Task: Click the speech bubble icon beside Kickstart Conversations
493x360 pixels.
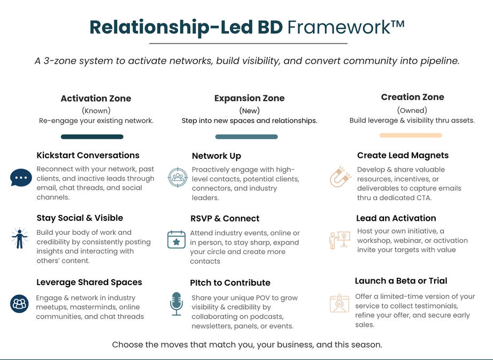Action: point(21,177)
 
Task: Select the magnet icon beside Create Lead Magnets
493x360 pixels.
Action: point(340,177)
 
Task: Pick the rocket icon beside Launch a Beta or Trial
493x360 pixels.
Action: point(340,303)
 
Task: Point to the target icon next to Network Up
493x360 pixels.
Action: point(178,177)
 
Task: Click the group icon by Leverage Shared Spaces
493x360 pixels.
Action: point(19,303)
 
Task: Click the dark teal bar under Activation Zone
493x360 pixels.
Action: point(92,137)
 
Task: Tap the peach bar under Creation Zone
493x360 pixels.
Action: point(411,136)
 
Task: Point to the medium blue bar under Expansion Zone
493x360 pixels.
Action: point(247,137)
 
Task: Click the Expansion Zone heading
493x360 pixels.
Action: point(249,98)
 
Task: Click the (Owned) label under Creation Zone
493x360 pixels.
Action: point(412,110)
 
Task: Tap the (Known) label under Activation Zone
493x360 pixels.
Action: point(96,111)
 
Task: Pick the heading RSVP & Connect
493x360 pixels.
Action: point(225,218)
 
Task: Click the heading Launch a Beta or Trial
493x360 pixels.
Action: point(400,281)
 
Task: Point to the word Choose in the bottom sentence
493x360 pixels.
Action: point(127,344)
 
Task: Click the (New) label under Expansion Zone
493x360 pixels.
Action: point(249,111)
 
